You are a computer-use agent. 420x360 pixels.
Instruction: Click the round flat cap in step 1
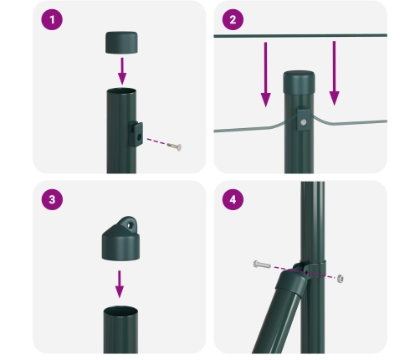coord(121,42)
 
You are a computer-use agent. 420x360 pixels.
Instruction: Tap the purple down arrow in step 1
coord(121,67)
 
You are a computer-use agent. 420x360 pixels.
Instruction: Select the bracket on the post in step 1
coord(136,131)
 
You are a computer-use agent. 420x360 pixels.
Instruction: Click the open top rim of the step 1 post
coord(120,90)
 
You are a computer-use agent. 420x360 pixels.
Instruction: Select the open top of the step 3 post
coord(120,311)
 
